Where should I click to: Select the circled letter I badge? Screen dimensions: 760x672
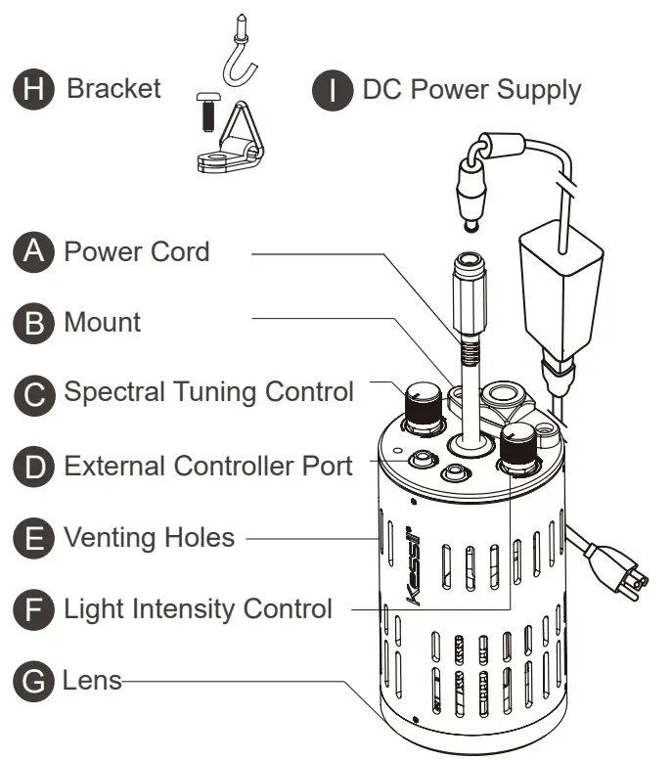333,91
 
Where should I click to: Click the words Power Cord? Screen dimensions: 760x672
136,251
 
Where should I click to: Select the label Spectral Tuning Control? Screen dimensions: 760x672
207,392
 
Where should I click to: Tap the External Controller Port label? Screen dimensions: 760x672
207,465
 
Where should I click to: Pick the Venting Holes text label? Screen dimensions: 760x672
149,536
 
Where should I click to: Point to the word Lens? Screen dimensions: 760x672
93,680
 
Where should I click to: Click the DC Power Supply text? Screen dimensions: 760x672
471,90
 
